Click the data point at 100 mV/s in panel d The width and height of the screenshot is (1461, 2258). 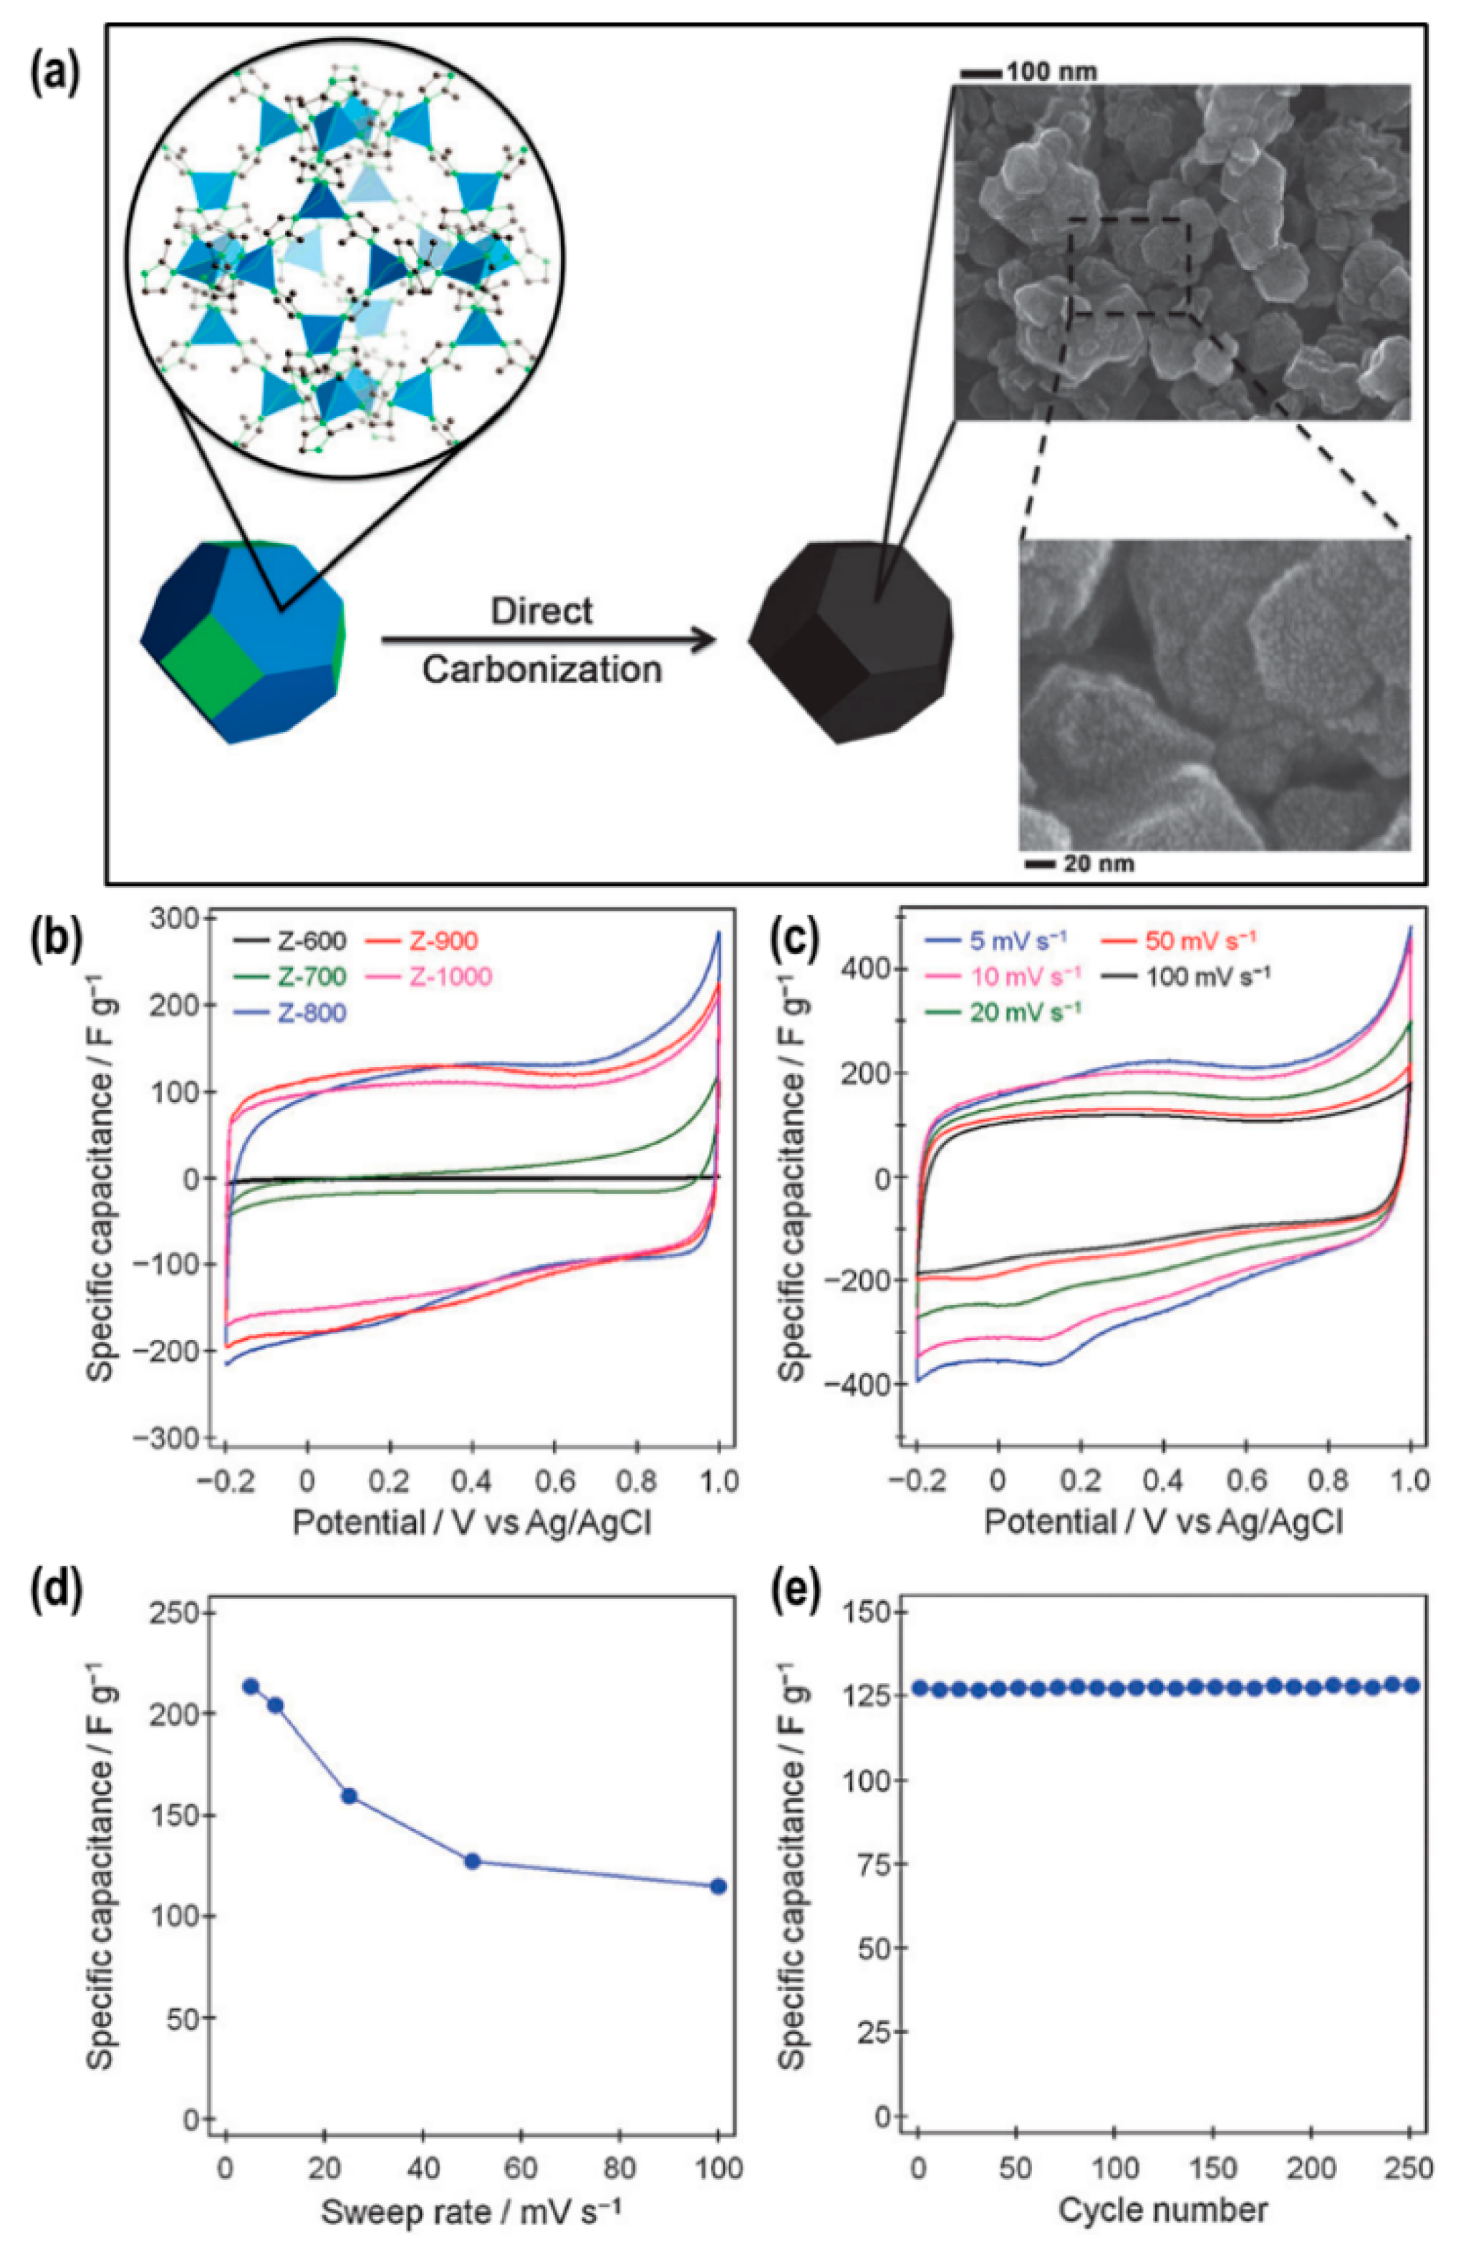pos(718,1886)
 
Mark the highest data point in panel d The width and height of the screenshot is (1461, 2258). pos(251,1686)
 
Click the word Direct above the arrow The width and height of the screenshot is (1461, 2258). pos(541,611)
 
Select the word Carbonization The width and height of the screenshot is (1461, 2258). pos(541,670)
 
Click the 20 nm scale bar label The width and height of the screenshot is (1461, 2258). pos(1096,864)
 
